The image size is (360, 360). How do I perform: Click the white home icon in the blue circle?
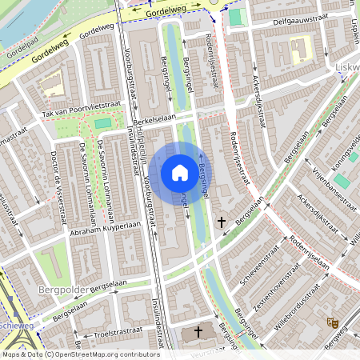(180, 172)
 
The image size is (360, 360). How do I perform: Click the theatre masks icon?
(333, 322)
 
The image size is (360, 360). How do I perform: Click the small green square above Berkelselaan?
(101, 123)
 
